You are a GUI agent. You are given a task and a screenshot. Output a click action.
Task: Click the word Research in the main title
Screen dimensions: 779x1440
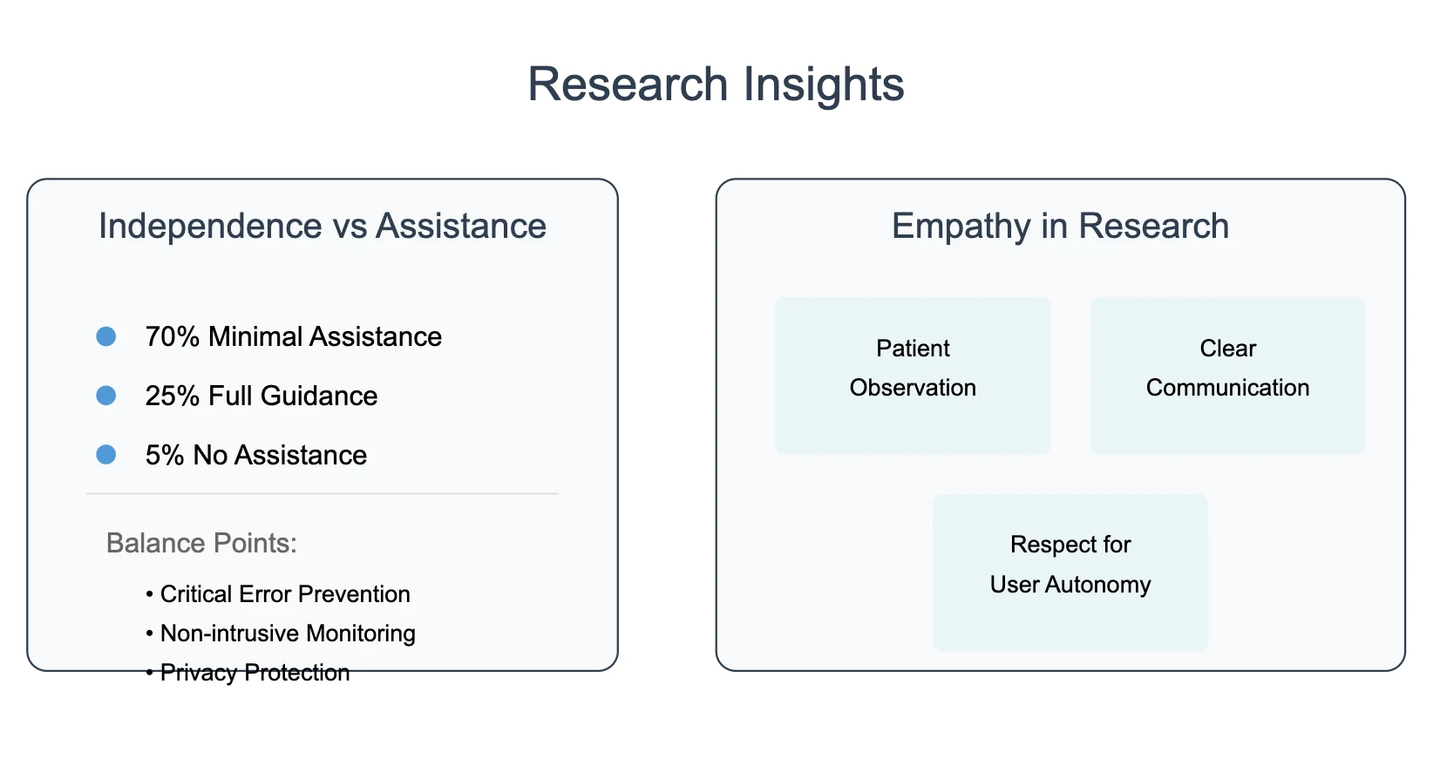628,85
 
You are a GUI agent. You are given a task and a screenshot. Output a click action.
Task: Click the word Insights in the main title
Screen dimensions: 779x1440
824,85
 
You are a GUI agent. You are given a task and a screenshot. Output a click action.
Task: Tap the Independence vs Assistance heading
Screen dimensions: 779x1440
322,227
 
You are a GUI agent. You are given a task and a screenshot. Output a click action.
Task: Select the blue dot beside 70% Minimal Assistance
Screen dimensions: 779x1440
106,336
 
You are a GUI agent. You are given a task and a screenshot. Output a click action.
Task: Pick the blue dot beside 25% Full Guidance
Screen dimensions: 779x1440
106,396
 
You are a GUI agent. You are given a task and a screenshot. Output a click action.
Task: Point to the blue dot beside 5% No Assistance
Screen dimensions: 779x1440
106,455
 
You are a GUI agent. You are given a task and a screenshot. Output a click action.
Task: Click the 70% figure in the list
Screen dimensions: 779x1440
173,337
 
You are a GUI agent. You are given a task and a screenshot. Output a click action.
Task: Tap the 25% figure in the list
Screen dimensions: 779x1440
173,396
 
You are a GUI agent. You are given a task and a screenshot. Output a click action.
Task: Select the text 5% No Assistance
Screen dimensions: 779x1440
256,456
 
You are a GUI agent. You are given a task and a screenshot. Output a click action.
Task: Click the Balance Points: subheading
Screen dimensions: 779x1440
201,544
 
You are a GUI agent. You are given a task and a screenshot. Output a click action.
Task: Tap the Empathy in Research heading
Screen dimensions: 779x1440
1060,227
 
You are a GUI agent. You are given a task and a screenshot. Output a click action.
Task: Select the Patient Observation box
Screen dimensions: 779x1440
913,375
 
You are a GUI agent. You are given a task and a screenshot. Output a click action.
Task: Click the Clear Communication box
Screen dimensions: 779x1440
1227,375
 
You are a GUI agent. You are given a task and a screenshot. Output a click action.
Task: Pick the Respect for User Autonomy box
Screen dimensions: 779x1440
1070,572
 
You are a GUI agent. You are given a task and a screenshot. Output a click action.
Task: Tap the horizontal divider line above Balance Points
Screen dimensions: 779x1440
323,494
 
